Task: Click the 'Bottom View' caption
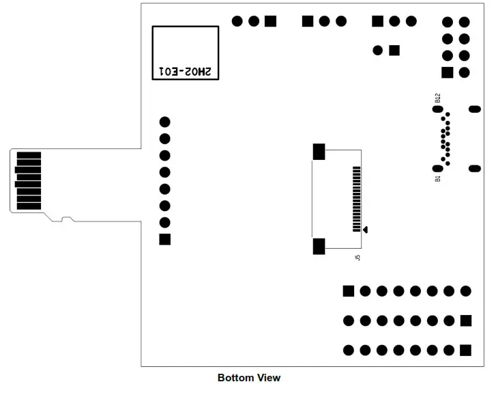(248, 378)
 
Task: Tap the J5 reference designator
(358, 258)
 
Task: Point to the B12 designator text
(437, 98)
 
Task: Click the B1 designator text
(437, 178)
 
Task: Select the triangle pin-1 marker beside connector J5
(366, 230)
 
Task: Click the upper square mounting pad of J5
(319, 152)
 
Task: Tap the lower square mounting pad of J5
(319, 246)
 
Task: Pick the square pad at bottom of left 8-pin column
(164, 239)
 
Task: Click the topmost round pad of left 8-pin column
(164, 122)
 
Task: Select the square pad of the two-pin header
(394, 50)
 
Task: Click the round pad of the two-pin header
(378, 50)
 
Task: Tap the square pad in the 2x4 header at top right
(448, 72)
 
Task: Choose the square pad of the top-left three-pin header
(270, 21)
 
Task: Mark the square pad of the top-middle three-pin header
(308, 21)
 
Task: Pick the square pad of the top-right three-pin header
(377, 21)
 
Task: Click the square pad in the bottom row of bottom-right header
(465, 351)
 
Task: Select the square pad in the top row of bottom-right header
(349, 291)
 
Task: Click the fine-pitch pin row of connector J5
(355, 199)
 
